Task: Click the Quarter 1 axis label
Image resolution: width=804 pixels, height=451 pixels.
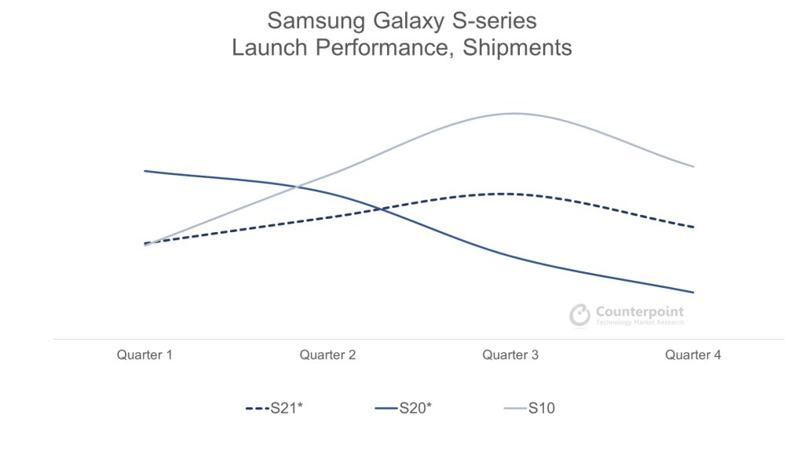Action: click(x=144, y=355)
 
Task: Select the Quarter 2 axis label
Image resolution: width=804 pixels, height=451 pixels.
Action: click(x=327, y=355)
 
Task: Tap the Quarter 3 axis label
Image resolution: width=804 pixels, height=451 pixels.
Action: click(x=510, y=355)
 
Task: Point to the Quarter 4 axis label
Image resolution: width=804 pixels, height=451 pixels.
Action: click(x=693, y=355)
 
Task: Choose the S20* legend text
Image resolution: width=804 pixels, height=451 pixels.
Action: click(x=416, y=408)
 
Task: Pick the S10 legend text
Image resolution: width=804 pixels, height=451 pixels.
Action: click(x=542, y=408)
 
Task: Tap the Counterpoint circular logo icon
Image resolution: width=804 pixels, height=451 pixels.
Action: click(x=579, y=315)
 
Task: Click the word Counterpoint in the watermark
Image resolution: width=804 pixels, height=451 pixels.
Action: click(x=639, y=311)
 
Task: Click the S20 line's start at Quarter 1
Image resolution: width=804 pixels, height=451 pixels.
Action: click(x=145, y=170)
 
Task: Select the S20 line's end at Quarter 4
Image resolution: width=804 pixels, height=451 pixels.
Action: click(x=694, y=293)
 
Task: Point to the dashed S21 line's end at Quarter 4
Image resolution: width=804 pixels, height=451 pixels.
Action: click(x=694, y=227)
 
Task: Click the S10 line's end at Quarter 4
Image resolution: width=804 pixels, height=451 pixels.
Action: click(x=694, y=166)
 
